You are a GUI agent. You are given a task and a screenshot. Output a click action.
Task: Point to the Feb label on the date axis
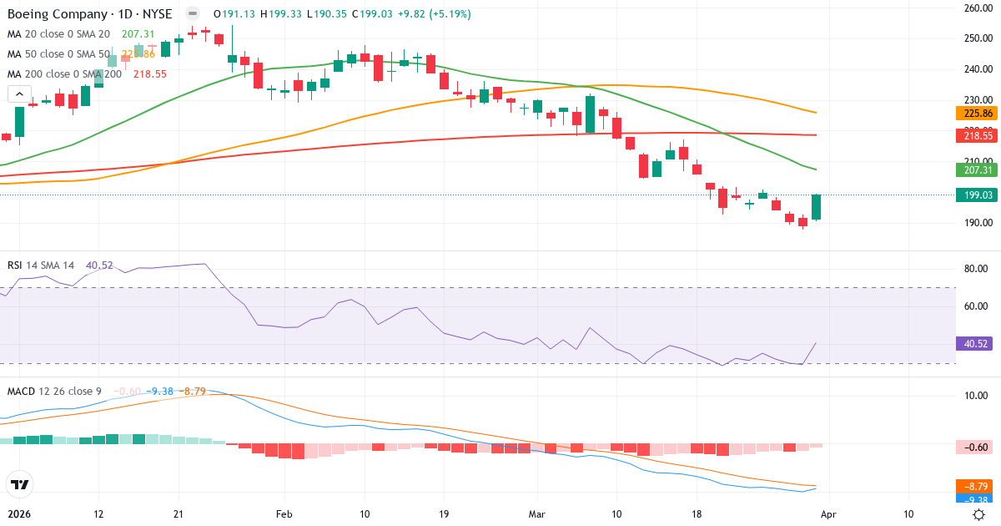(284, 513)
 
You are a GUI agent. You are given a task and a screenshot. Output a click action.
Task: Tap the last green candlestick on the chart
(817, 207)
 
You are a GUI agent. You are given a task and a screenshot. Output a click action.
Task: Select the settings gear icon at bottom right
(980, 514)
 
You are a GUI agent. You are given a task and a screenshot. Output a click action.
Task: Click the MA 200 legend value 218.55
(150, 73)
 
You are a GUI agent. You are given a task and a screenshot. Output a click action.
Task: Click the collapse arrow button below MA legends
(19, 94)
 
